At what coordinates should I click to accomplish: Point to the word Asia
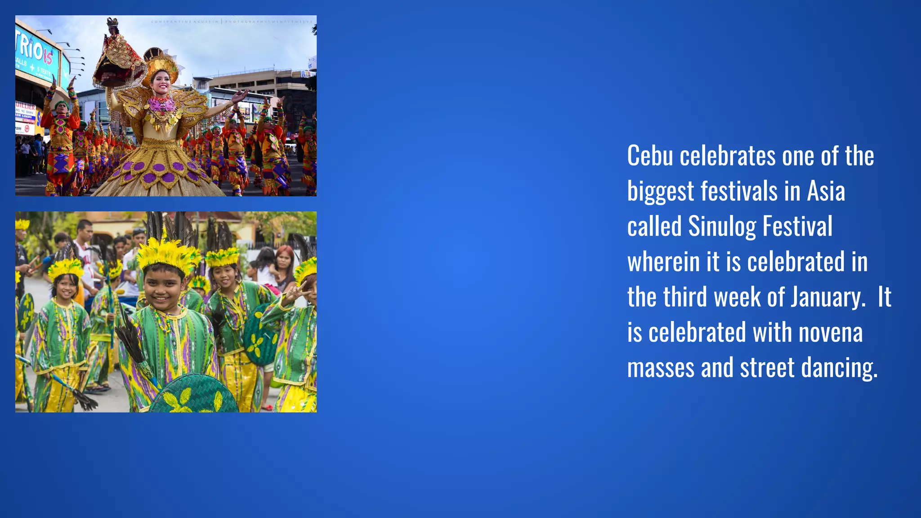click(826, 192)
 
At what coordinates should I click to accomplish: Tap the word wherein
click(663, 262)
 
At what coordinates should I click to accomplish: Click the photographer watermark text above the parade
click(232, 21)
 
